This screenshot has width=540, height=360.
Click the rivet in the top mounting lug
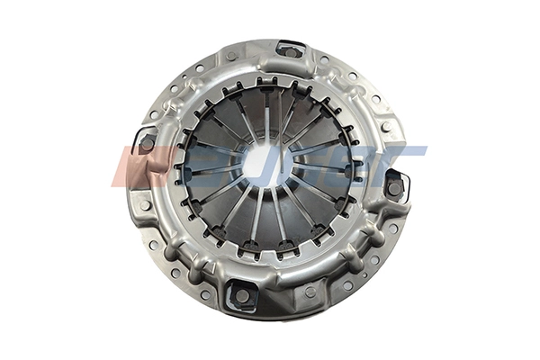tap(291, 51)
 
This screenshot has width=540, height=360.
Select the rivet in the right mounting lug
tap(394, 186)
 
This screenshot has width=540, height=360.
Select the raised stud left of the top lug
tap(231, 56)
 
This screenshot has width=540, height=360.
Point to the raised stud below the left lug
tap(143, 203)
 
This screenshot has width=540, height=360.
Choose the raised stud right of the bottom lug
tap(310, 291)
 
